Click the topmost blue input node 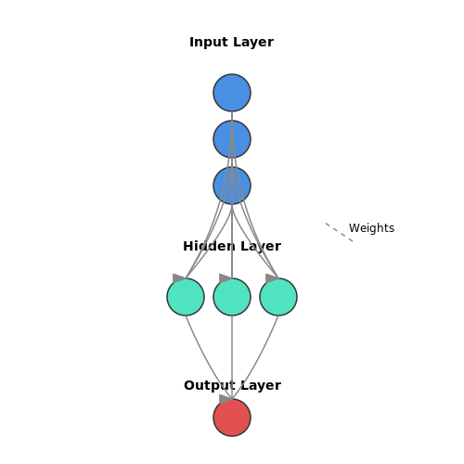232,93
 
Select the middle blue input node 232,139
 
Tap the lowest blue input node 232,186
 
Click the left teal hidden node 186,297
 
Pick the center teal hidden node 232,297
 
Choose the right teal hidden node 278,297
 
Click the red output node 232,418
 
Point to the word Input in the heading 209,43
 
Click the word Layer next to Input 253,43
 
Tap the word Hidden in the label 209,246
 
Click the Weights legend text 371,228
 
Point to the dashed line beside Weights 339,232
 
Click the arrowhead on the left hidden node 179,278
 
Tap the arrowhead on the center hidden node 226,278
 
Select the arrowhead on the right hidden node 272,278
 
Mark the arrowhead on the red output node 226,399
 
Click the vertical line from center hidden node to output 232,357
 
